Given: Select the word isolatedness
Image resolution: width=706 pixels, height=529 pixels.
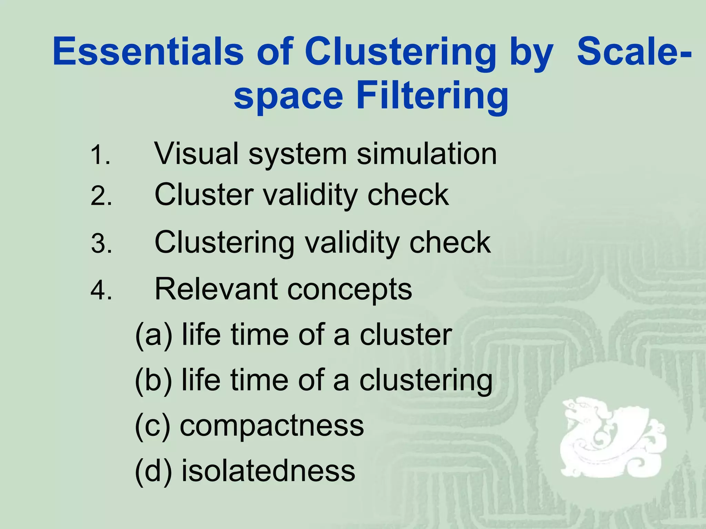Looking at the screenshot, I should tap(268, 470).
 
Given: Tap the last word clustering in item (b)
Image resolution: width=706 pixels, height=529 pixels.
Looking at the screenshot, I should tap(426, 381).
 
